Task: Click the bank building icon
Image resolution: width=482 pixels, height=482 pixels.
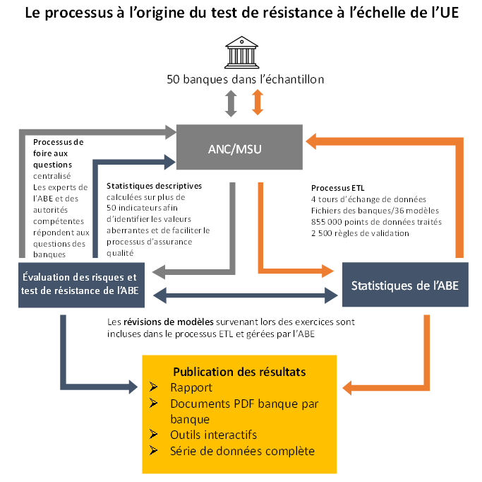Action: pos(241,52)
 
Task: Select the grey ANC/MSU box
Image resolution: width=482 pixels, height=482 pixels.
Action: pos(239,147)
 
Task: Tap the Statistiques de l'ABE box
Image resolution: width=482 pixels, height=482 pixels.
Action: pos(405,285)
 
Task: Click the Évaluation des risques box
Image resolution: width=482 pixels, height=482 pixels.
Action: pos(81,285)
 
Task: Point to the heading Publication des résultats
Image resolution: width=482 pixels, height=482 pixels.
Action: pos(239,372)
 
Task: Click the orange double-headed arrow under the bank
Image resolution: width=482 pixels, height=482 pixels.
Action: pos(258,102)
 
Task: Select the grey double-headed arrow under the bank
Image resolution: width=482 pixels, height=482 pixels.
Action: pos(231,103)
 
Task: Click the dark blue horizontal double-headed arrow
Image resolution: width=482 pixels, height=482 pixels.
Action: pos(246,295)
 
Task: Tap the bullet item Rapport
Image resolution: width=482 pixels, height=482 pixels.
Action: pos(191,387)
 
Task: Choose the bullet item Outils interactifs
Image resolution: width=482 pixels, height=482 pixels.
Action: pos(213,435)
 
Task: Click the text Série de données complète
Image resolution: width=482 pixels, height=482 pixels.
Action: pos(243,451)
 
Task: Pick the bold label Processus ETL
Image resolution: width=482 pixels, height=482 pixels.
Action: pos(337,188)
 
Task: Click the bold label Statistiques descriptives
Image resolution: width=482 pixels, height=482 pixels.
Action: pos(154,186)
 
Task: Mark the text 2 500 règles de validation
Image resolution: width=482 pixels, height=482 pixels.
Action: pos(360,233)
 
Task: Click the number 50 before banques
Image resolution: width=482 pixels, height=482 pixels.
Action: pos(173,79)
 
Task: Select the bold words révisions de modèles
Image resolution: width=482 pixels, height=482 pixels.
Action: pos(169,322)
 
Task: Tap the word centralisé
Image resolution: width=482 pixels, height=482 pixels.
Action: pos(52,176)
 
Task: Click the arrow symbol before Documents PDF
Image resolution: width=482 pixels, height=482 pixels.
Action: pos(153,403)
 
